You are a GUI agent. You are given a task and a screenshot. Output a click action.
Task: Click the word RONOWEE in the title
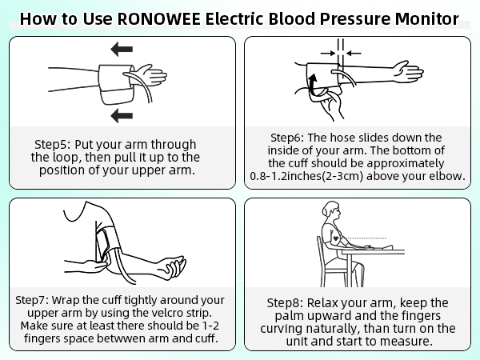[162, 18]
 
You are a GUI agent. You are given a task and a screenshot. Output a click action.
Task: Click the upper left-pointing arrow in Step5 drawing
[122, 50]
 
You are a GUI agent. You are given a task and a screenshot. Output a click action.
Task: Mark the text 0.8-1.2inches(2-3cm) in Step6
[316, 176]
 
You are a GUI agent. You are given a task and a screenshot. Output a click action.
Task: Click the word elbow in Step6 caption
[446, 176]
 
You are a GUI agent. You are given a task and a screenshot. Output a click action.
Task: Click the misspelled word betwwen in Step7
[144, 338]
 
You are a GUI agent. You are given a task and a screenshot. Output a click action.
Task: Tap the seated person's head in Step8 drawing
[330, 212]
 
